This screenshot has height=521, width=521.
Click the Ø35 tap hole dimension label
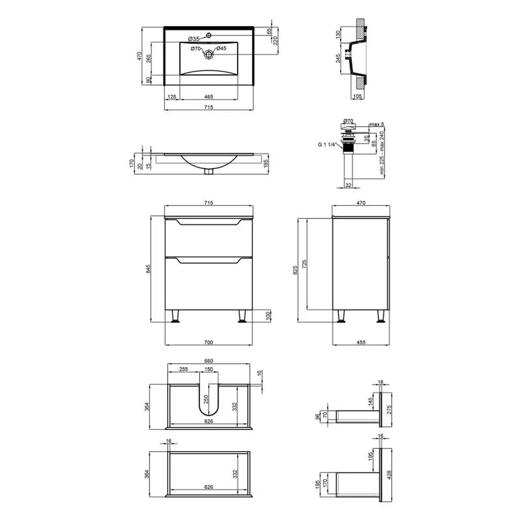click(193, 39)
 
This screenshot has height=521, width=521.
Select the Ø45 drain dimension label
click(221, 48)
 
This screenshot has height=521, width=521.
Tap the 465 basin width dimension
click(209, 97)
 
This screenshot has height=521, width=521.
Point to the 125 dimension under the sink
click(172, 97)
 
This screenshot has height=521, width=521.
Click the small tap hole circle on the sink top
click(209, 35)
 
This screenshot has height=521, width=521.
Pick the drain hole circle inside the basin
click(209, 54)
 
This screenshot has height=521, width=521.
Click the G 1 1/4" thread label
click(327, 144)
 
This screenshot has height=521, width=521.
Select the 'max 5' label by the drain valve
click(377, 125)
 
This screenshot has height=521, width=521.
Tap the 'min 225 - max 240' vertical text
click(382, 153)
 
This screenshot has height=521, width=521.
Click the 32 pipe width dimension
click(348, 185)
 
